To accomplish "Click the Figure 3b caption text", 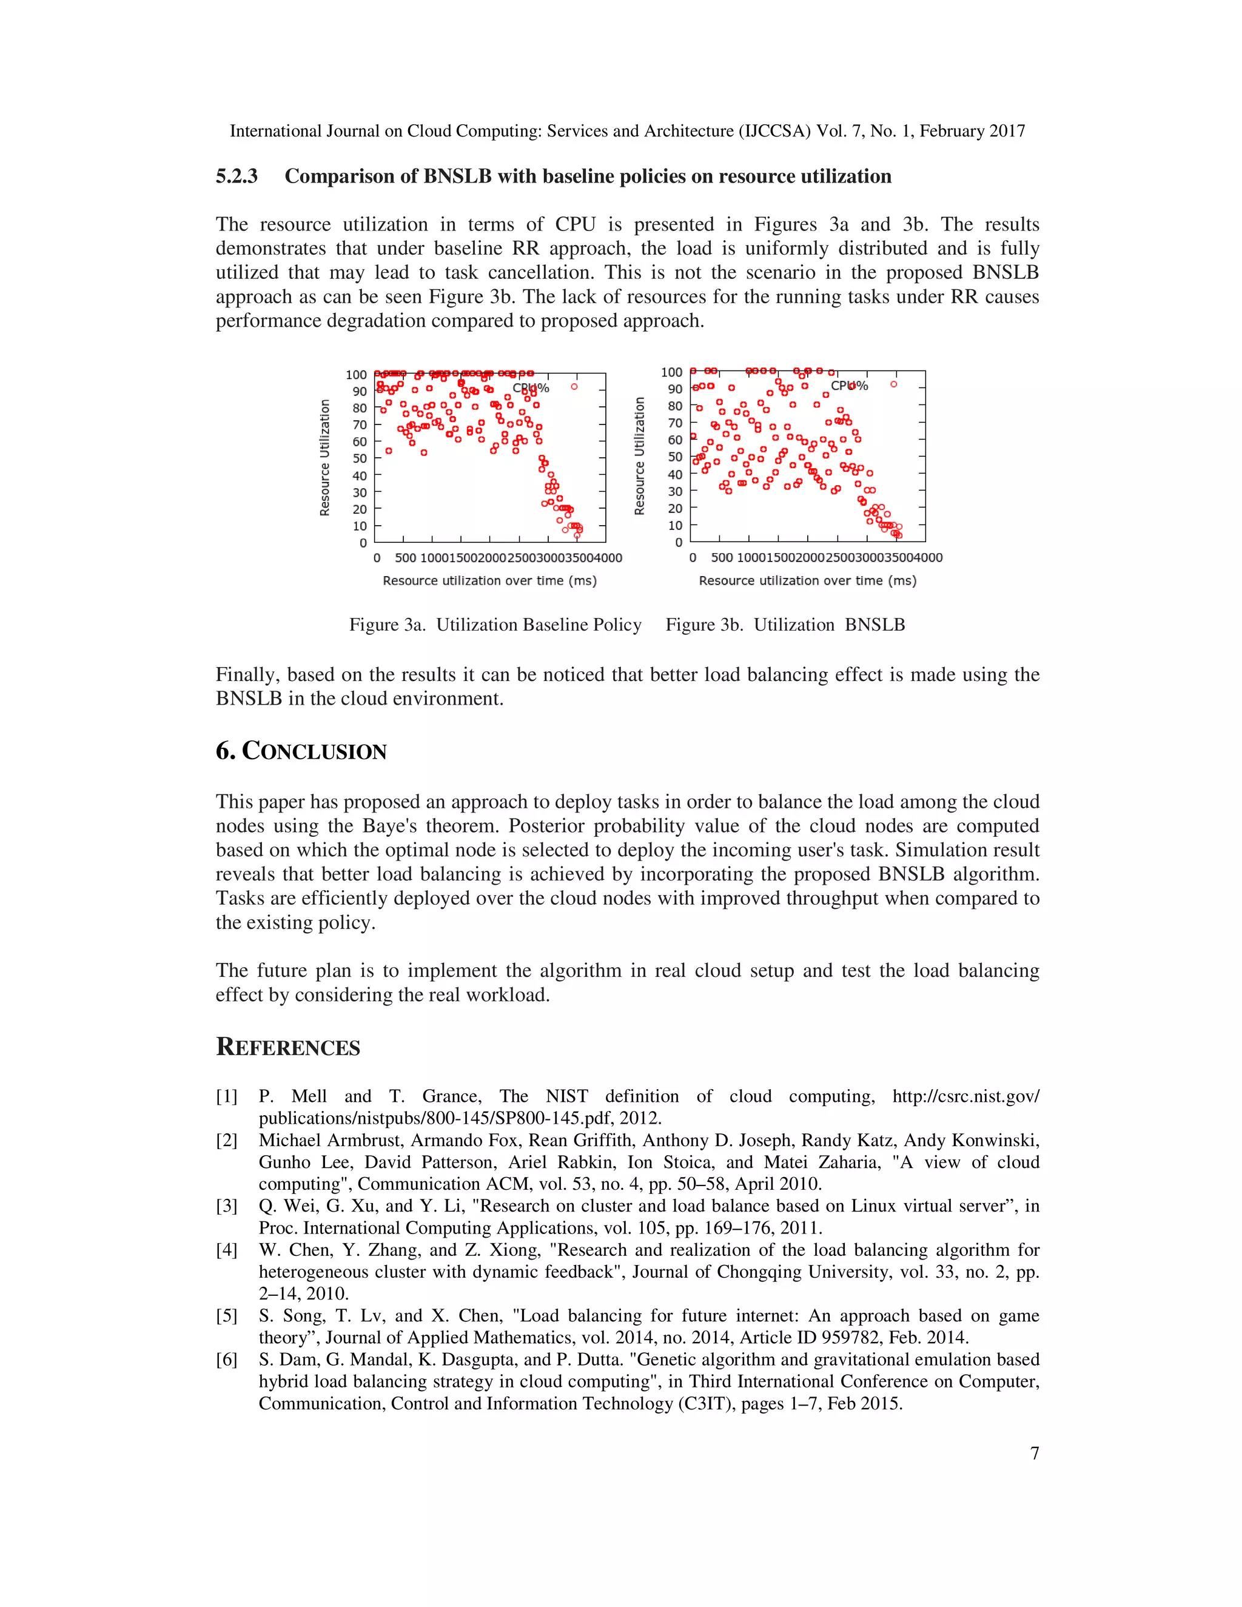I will [x=785, y=625].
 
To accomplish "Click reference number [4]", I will [x=227, y=1250].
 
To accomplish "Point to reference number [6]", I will [x=227, y=1360].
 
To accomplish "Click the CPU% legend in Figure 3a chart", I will [x=531, y=387].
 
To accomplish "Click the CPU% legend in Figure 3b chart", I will [x=849, y=386].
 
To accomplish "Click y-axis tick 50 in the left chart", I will [x=359, y=458].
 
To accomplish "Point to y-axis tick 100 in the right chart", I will [x=671, y=372].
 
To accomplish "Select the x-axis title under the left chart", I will [x=489, y=580].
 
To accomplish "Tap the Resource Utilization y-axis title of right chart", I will [x=639, y=456].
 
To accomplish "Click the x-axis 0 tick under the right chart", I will [x=693, y=558].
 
